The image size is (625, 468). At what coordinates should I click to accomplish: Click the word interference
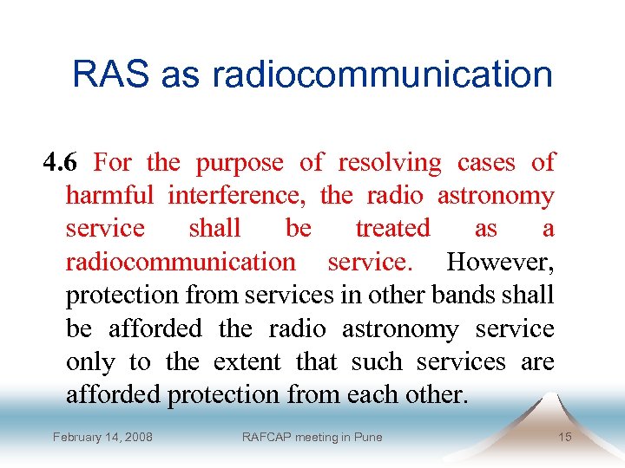[236, 197]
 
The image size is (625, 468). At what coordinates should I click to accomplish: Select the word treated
[392, 229]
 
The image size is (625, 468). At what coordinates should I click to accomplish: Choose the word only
[90, 361]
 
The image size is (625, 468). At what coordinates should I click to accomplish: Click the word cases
[486, 163]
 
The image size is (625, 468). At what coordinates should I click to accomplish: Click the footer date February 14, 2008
[102, 437]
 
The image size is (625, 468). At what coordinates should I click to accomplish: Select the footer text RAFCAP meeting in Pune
[312, 437]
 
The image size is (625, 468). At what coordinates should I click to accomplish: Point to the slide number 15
[564, 437]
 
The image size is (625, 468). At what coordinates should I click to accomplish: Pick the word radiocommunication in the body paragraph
[181, 262]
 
